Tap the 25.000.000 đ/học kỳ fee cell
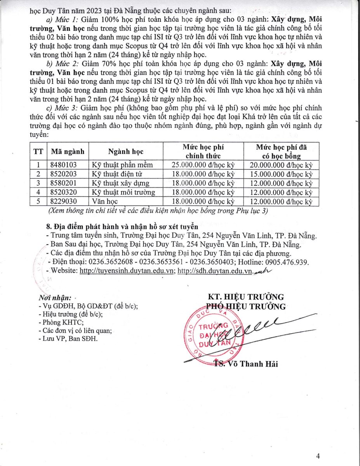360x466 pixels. pos(203,165)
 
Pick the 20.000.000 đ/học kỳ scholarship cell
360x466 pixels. pos(281,165)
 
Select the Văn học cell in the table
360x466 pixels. pos(105,202)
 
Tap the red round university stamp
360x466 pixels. pos(210,334)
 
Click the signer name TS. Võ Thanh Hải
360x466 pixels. pos(246,364)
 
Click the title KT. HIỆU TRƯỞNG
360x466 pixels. pos(246,297)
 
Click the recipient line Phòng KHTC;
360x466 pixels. pos(58,322)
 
